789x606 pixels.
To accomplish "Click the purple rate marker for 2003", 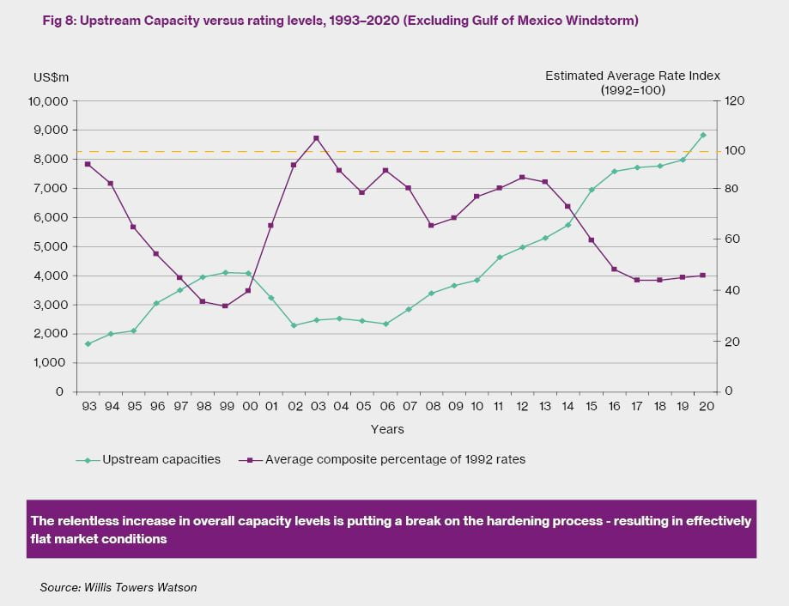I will tap(316, 138).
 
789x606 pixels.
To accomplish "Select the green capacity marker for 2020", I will tap(703, 135).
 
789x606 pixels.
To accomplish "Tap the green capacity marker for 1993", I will tap(88, 343).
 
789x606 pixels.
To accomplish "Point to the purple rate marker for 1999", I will tap(224, 306).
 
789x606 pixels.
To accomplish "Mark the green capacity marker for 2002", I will tap(294, 325).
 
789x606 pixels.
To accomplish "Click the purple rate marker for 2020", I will tap(703, 276).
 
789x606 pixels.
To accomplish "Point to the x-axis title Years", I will tap(387, 428).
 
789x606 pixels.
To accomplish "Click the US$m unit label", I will tap(52, 77).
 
